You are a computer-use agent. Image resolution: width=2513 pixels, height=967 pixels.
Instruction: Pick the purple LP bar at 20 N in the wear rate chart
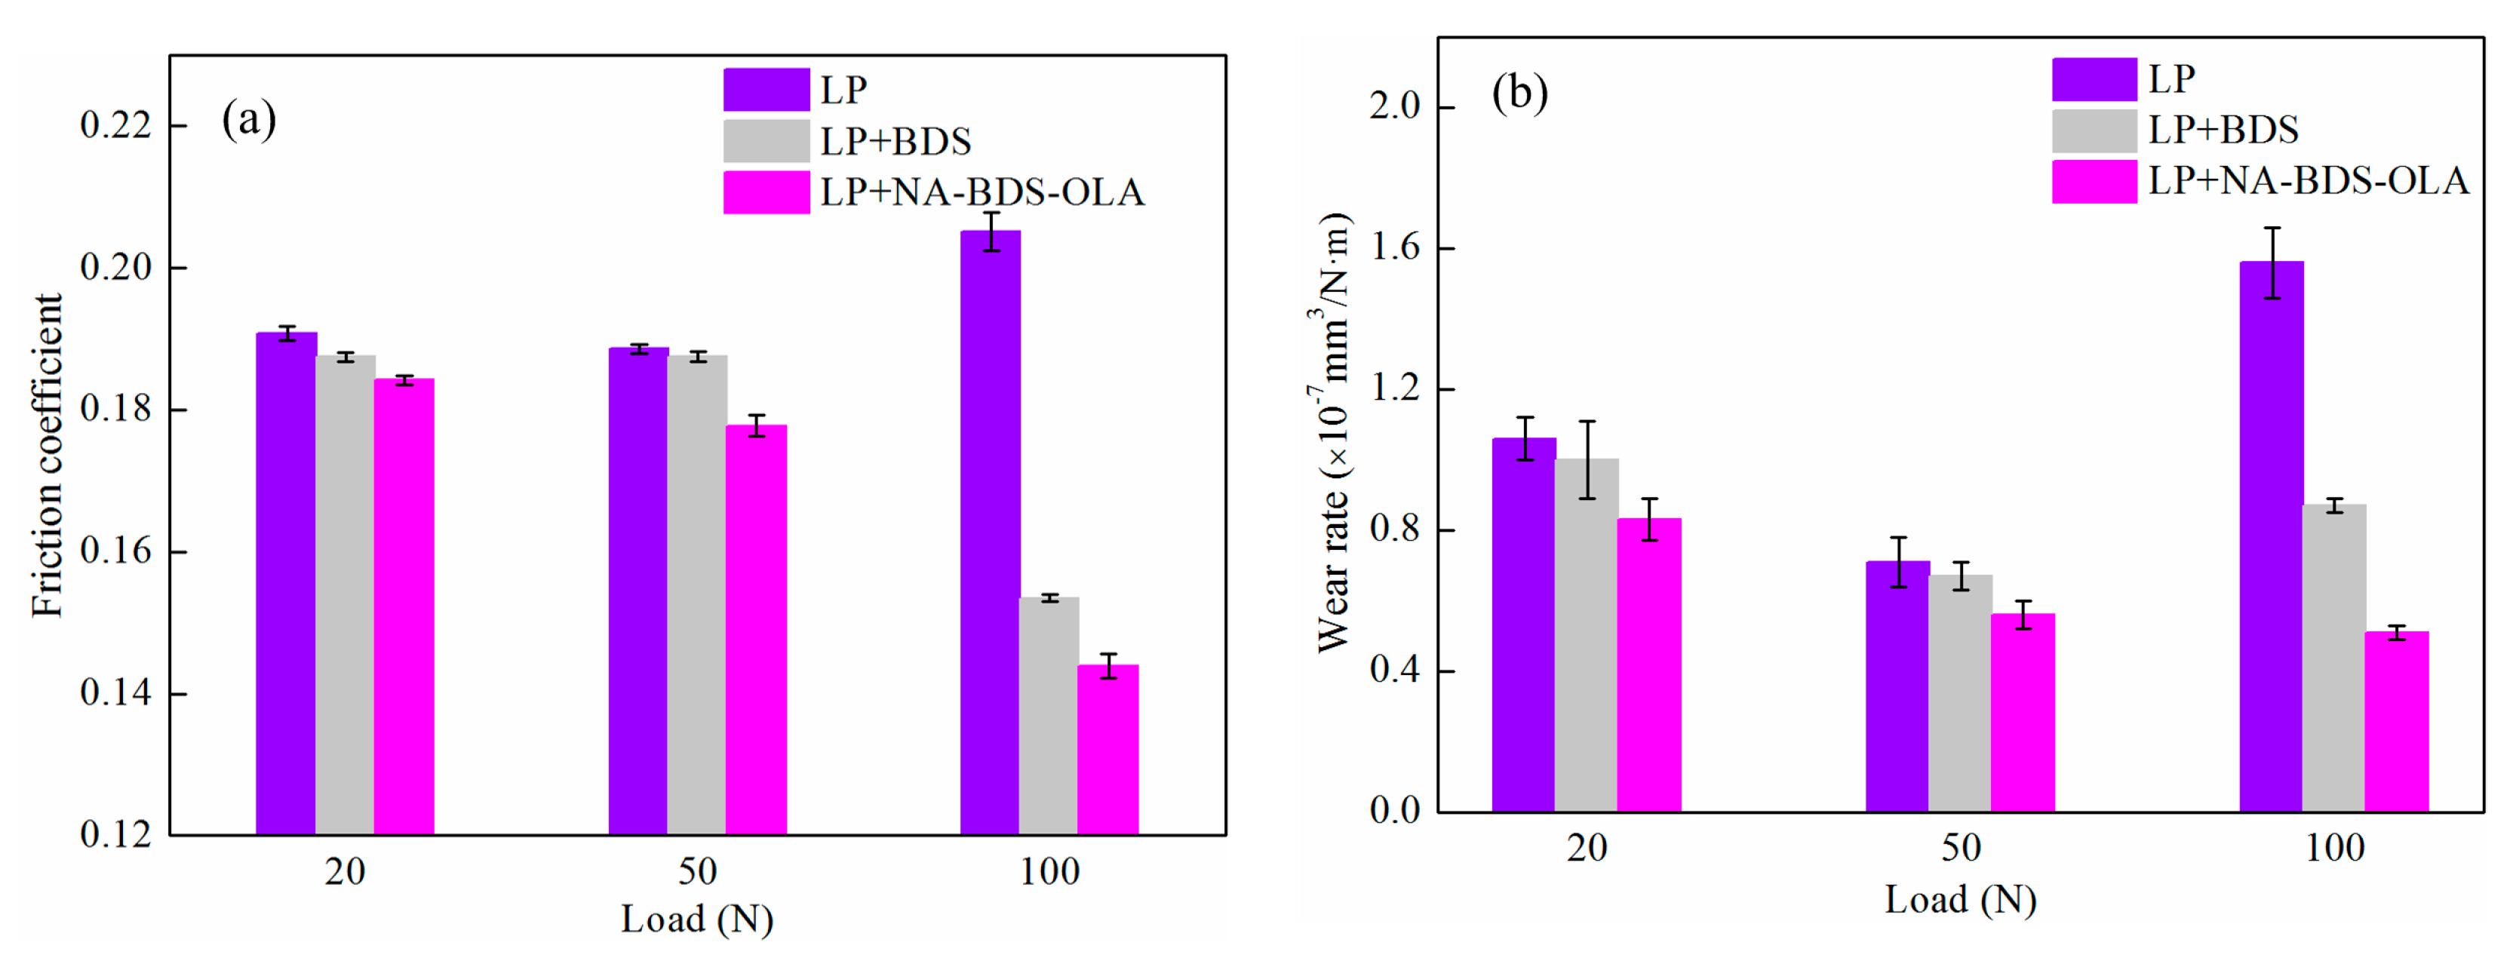pyautogui.click(x=1524, y=625)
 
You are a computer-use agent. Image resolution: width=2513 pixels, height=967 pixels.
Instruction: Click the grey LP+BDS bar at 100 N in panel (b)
pyautogui.click(x=2333, y=658)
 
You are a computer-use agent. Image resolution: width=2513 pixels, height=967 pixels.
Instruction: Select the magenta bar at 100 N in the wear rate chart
pyautogui.click(x=2396, y=721)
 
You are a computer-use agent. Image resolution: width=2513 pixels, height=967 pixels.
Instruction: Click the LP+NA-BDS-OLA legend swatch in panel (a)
pyautogui.click(x=766, y=192)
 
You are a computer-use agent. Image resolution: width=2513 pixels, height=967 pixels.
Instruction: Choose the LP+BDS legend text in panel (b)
pyautogui.click(x=2223, y=130)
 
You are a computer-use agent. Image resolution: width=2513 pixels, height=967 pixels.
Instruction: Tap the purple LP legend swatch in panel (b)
pyautogui.click(x=2094, y=79)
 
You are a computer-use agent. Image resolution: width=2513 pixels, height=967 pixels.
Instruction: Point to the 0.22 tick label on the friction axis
pyautogui.click(x=116, y=125)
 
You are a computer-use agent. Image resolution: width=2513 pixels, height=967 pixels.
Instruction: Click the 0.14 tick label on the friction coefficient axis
pyautogui.click(x=116, y=692)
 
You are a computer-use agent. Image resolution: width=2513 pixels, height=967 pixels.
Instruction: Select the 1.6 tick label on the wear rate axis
pyautogui.click(x=1395, y=248)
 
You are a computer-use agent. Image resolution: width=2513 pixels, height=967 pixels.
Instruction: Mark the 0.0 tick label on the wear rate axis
pyautogui.click(x=1395, y=810)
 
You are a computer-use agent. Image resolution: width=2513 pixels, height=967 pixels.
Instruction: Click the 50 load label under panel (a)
pyautogui.click(x=698, y=871)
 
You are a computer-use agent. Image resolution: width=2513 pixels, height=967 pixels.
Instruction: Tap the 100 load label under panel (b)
pyautogui.click(x=2334, y=848)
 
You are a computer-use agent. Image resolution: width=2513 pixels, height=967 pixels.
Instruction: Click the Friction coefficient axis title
pyautogui.click(x=47, y=455)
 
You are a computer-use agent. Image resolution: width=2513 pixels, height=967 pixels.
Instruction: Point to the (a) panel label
pyautogui.click(x=249, y=120)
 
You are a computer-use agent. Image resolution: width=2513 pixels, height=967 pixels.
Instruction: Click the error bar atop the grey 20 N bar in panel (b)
pyautogui.click(x=1587, y=459)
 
